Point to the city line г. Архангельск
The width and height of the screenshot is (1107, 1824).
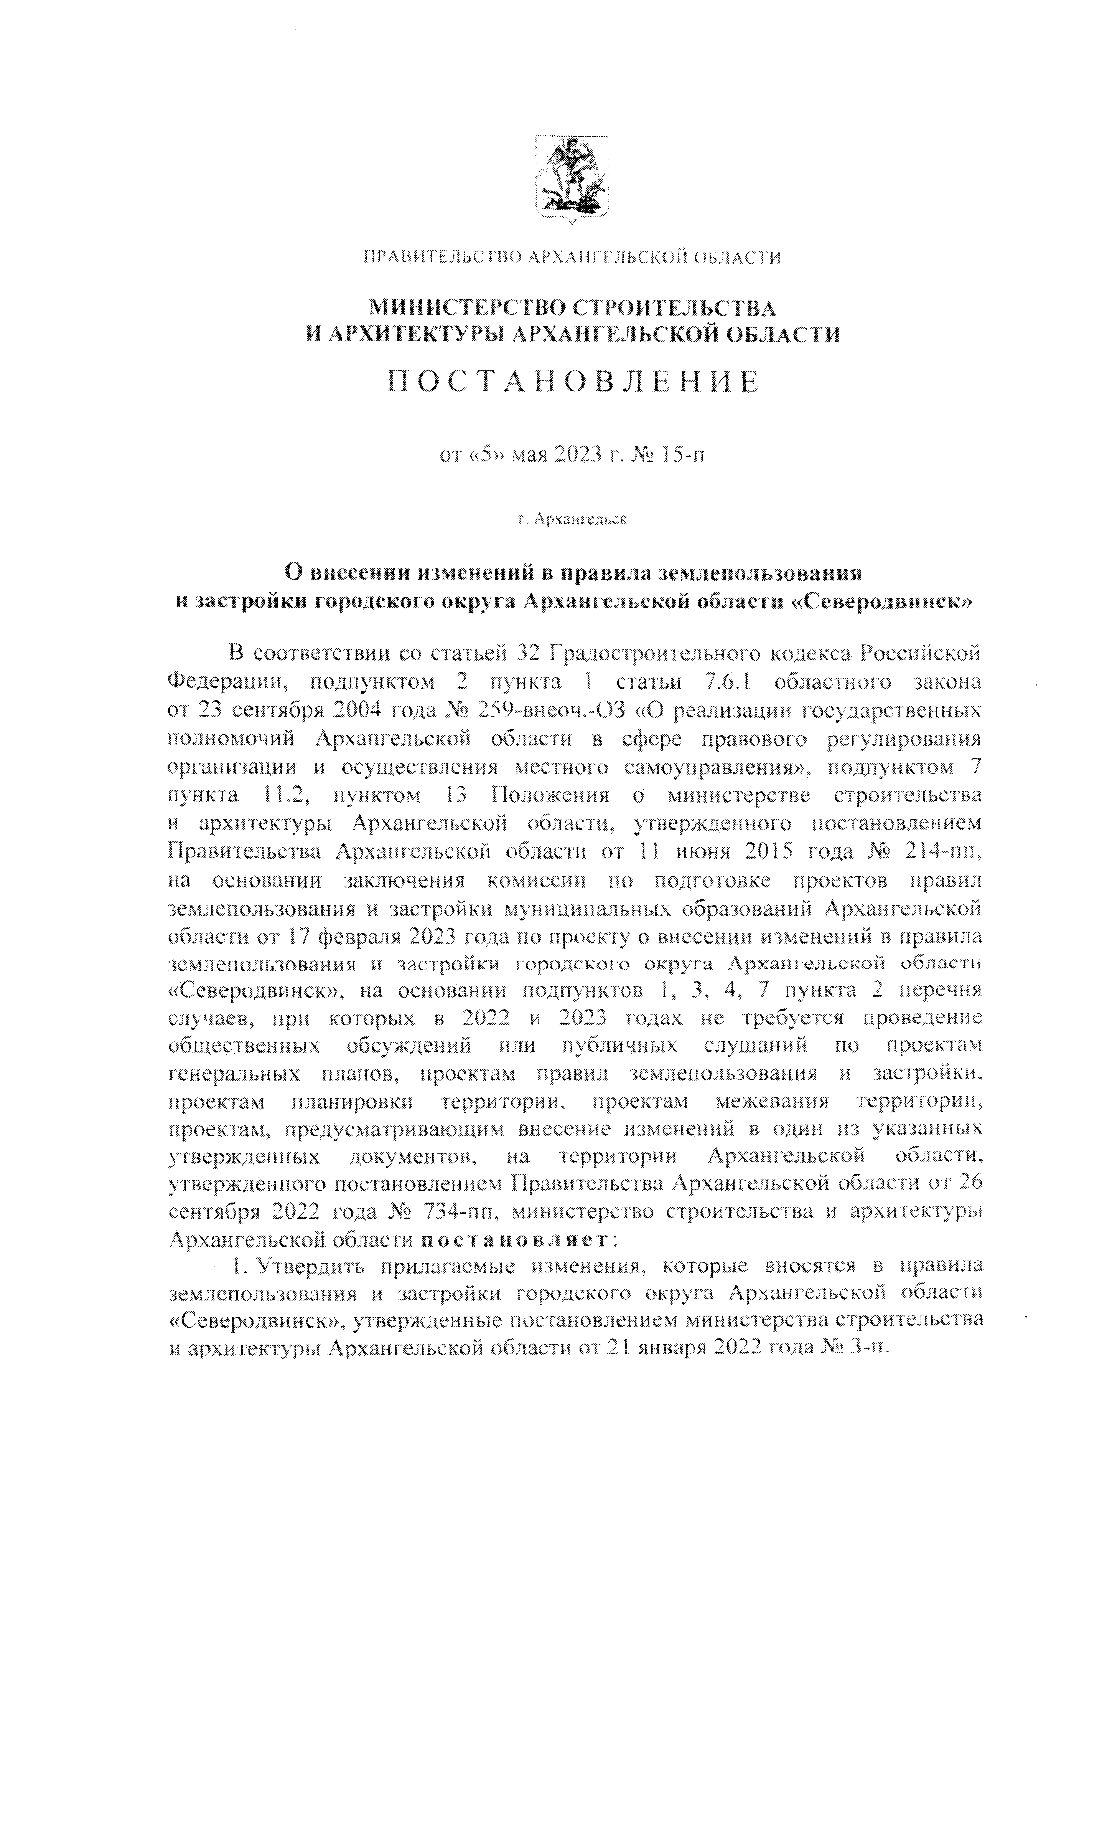tap(573, 519)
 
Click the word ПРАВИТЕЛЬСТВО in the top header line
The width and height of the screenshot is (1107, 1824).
tap(442, 258)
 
